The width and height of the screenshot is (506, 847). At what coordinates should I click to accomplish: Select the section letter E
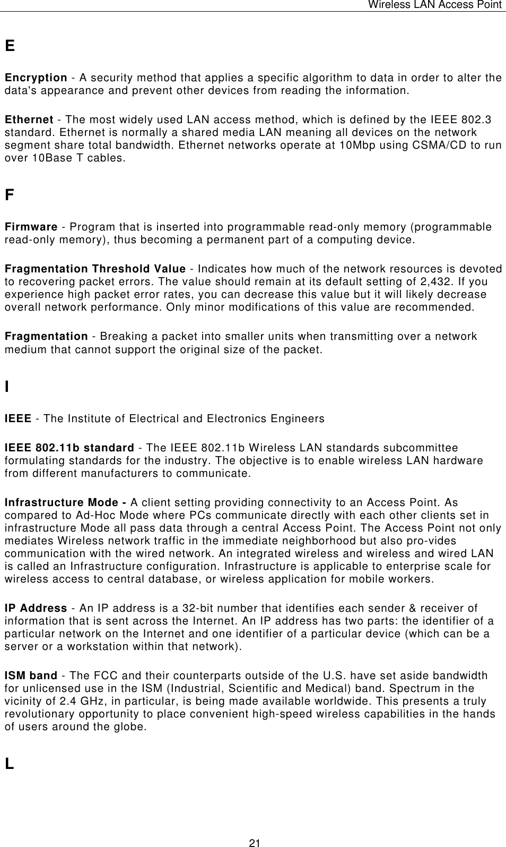[x=10, y=46]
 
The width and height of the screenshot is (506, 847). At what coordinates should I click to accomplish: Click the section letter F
[x=10, y=195]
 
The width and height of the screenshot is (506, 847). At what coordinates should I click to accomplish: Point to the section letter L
[x=9, y=764]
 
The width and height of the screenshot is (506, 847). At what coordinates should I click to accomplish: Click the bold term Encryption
[x=36, y=78]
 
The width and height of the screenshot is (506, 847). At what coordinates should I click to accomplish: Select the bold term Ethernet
[x=29, y=120]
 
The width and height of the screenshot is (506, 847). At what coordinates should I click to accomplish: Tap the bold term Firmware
[x=31, y=227]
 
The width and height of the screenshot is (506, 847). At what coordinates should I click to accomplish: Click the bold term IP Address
[x=36, y=609]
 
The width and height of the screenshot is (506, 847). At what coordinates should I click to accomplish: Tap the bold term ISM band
[x=31, y=676]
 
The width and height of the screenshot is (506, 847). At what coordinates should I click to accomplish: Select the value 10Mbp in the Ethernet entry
[x=346, y=146]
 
